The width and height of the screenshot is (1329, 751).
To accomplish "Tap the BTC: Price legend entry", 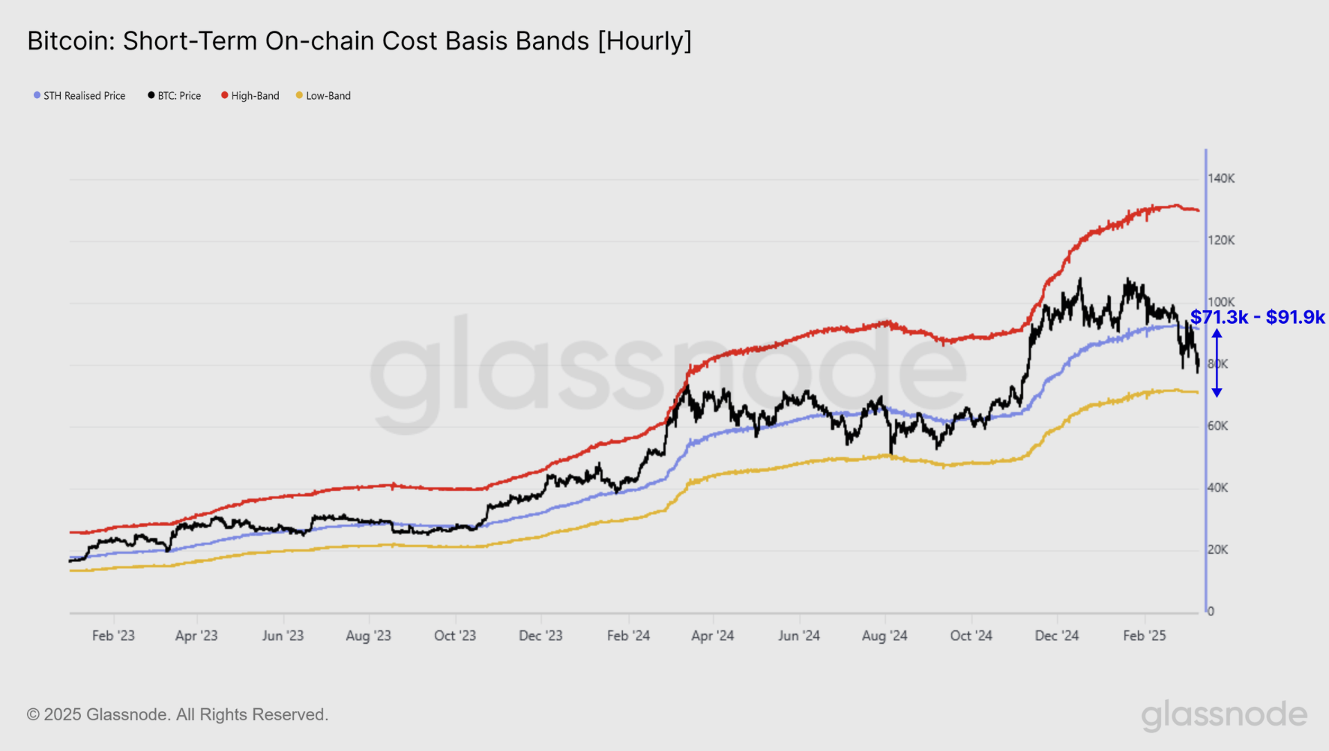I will click(175, 96).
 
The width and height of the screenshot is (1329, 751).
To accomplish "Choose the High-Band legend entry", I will click(250, 96).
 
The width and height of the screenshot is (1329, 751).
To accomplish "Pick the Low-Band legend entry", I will click(324, 96).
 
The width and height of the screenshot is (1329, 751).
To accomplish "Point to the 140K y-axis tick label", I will click(1221, 178).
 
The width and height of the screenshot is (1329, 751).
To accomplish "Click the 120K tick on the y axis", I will click(1221, 241).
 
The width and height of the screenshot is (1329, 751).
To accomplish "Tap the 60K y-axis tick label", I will click(1218, 426).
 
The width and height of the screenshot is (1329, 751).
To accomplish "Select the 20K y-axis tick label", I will click(1218, 550).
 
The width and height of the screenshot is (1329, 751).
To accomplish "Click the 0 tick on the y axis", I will click(1211, 612).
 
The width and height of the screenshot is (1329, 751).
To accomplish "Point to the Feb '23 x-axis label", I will click(113, 636).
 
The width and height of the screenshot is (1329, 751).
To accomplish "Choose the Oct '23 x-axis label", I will click(455, 636).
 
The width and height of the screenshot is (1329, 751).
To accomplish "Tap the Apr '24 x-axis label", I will click(712, 636).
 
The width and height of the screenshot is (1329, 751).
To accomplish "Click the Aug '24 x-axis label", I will click(885, 636).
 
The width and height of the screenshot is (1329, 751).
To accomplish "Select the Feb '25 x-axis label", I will click(1145, 636).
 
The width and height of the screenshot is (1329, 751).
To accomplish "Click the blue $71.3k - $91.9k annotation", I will click(1258, 317).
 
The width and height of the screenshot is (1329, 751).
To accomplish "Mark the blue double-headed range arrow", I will click(1217, 364).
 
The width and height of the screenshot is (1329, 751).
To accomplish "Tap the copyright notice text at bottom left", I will click(178, 715).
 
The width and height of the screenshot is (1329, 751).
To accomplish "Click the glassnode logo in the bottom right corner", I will click(1224, 716).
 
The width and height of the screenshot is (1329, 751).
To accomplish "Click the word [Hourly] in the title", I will click(645, 41).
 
